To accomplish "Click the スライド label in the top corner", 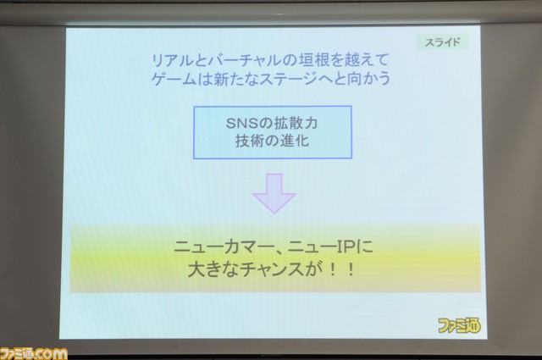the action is click(x=442, y=42).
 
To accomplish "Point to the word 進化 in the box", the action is click(x=295, y=141).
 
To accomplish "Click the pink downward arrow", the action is click(x=274, y=193).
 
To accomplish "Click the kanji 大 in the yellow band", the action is click(x=196, y=269).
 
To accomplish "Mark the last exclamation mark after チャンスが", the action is click(x=351, y=269).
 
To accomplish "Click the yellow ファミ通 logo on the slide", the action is click(x=459, y=325).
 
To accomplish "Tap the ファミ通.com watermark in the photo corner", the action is click(x=34, y=354).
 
